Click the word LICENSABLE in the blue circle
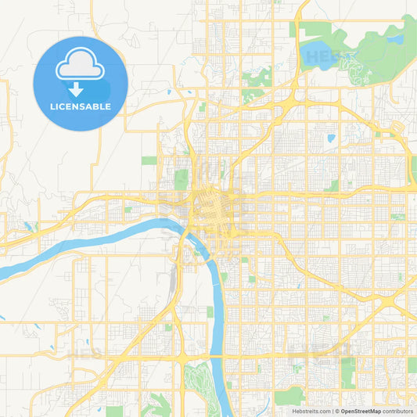(x=80, y=106)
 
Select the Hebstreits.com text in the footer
(x=308, y=411)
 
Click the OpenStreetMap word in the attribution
(x=361, y=411)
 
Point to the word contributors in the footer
(x=398, y=411)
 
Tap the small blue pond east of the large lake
(x=397, y=38)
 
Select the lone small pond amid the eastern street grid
(x=331, y=138)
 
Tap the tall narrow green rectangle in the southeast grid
(x=347, y=372)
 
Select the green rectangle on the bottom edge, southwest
(x=115, y=411)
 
